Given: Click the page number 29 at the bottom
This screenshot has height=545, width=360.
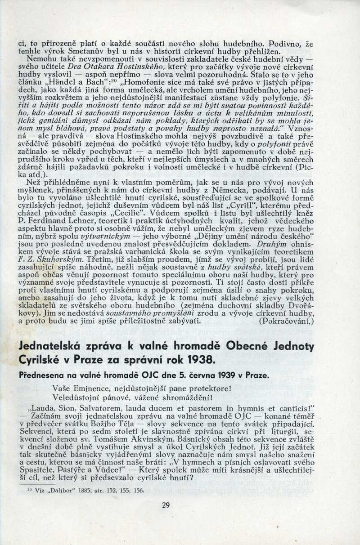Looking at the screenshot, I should (166, 505).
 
